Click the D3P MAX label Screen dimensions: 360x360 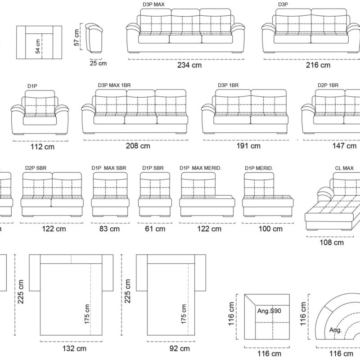click(153, 4)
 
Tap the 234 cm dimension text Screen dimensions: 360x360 click(189, 65)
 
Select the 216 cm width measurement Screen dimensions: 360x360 click(318, 65)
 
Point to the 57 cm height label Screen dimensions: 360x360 click(76, 37)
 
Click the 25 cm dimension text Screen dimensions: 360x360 click(98, 63)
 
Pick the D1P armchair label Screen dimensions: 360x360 click(32, 86)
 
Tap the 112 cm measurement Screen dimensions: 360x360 click(42, 147)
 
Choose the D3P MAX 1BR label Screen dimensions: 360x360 click(114, 85)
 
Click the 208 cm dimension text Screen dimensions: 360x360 click(138, 146)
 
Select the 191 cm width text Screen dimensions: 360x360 click(248, 146)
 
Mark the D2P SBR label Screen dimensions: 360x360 click(36, 168)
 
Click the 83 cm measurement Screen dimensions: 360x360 click(109, 229)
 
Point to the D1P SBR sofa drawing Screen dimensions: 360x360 click(155, 194)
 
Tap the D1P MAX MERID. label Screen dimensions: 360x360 click(200, 168)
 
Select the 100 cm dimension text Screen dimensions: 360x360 click(270, 229)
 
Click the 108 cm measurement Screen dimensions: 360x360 click(332, 243)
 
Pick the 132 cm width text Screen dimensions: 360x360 click(74, 348)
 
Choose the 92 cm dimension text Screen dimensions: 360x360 click(180, 348)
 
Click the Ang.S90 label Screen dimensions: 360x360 click(269, 311)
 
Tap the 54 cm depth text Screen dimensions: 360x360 click(38, 46)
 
